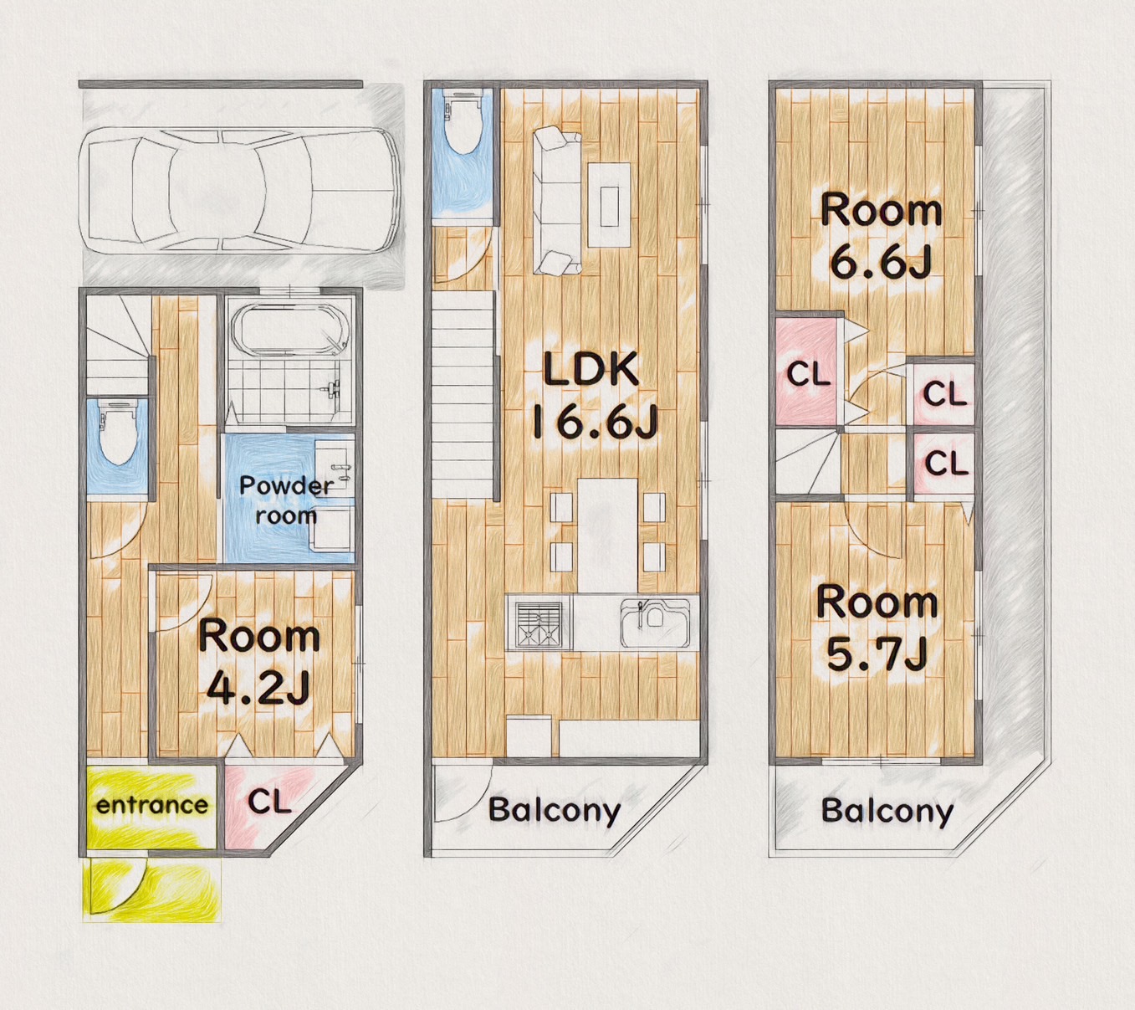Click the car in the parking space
240,192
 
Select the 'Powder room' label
286,500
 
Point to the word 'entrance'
152,806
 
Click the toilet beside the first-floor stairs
118,431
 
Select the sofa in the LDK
555,201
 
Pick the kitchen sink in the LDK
656,623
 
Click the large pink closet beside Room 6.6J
808,372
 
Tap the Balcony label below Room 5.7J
887,811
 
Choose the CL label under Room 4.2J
270,802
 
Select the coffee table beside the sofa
610,204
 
